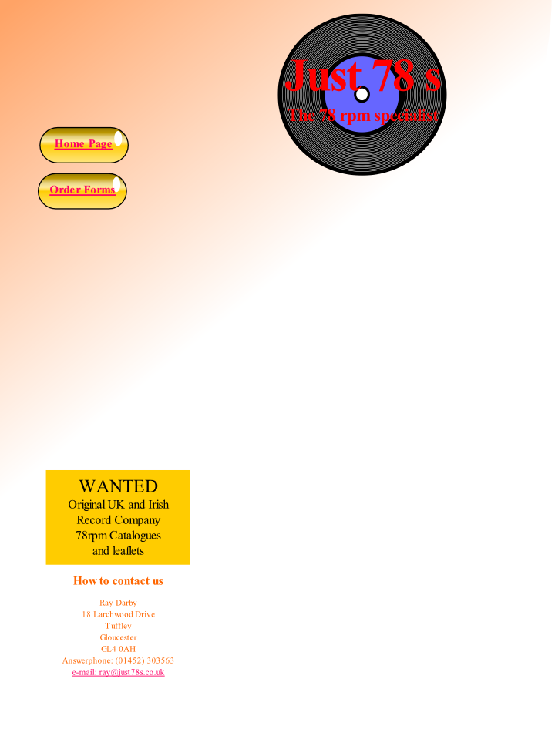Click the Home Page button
tap(83, 144)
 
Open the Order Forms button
tap(82, 190)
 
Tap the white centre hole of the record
tap(362, 95)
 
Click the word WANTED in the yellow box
tap(118, 486)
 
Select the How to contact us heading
tap(118, 580)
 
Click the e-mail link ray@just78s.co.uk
tap(118, 672)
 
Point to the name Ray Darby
tap(118, 603)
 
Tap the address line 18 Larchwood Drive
tap(118, 614)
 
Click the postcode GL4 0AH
tap(118, 649)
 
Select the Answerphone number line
tap(118, 660)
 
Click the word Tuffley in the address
tap(118, 626)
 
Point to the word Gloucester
tap(118, 637)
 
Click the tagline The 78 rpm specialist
tap(363, 116)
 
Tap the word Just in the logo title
tap(323, 76)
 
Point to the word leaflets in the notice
tap(128, 551)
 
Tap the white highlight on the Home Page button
tap(118, 139)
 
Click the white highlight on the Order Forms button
tap(116, 184)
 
